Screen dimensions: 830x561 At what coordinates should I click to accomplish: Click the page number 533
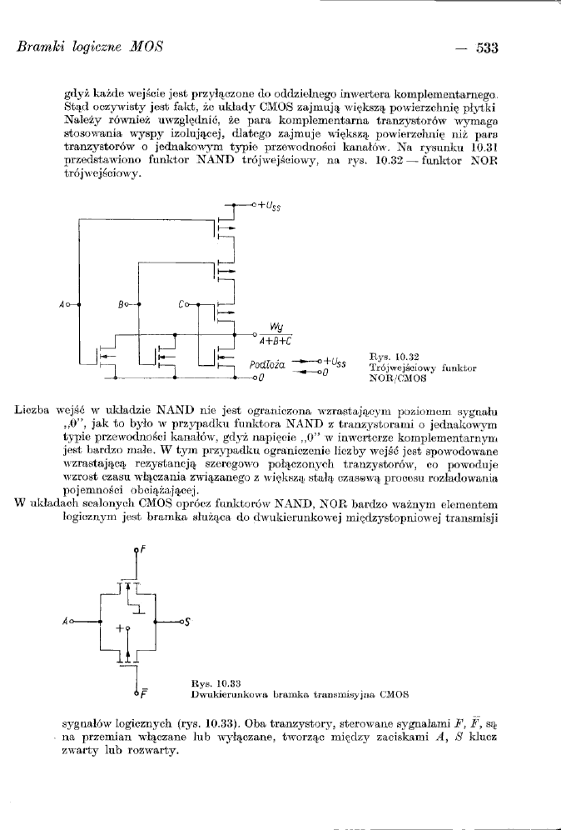(486, 48)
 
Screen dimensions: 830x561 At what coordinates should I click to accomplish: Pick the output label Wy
(276, 327)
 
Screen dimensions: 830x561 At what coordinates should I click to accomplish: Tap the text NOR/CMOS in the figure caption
(398, 377)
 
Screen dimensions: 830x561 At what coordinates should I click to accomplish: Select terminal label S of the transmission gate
(189, 622)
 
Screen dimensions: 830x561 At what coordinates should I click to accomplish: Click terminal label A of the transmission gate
(66, 622)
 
